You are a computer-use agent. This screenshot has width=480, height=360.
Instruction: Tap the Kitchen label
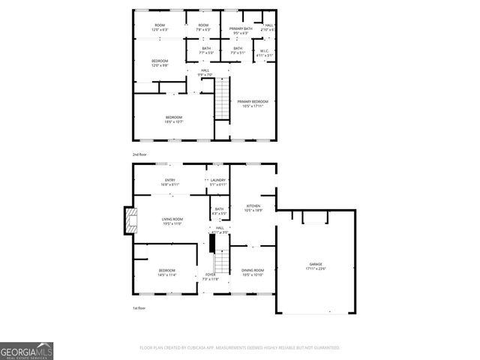(x=253, y=207)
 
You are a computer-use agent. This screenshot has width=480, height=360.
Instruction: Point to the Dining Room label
(x=253, y=271)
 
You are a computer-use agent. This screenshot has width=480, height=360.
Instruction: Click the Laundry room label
(x=218, y=182)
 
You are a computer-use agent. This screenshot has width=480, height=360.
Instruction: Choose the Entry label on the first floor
(x=169, y=182)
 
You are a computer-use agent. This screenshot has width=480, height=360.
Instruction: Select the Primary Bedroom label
(x=253, y=103)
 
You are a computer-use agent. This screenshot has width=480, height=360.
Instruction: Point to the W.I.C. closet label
(x=263, y=53)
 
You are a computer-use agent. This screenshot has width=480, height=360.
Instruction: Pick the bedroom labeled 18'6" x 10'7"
(x=173, y=119)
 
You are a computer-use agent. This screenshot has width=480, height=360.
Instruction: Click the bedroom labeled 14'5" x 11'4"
(x=166, y=271)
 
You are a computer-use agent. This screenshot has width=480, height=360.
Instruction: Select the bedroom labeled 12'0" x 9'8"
(x=160, y=63)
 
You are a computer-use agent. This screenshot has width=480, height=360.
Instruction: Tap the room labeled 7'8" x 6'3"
(x=203, y=28)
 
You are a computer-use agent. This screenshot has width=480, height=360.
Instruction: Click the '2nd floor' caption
(x=139, y=154)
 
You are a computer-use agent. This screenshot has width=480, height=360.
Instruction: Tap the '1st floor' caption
(x=139, y=307)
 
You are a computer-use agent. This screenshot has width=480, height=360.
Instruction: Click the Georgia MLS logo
(x=27, y=351)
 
